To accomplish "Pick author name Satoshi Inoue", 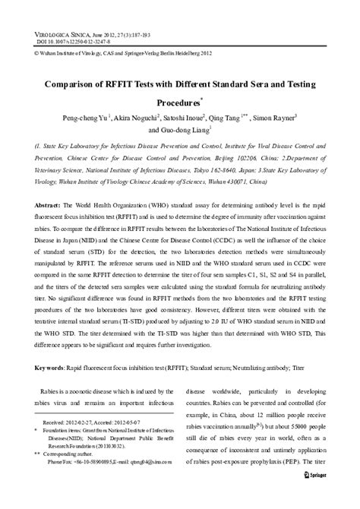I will [x=207, y=119].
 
